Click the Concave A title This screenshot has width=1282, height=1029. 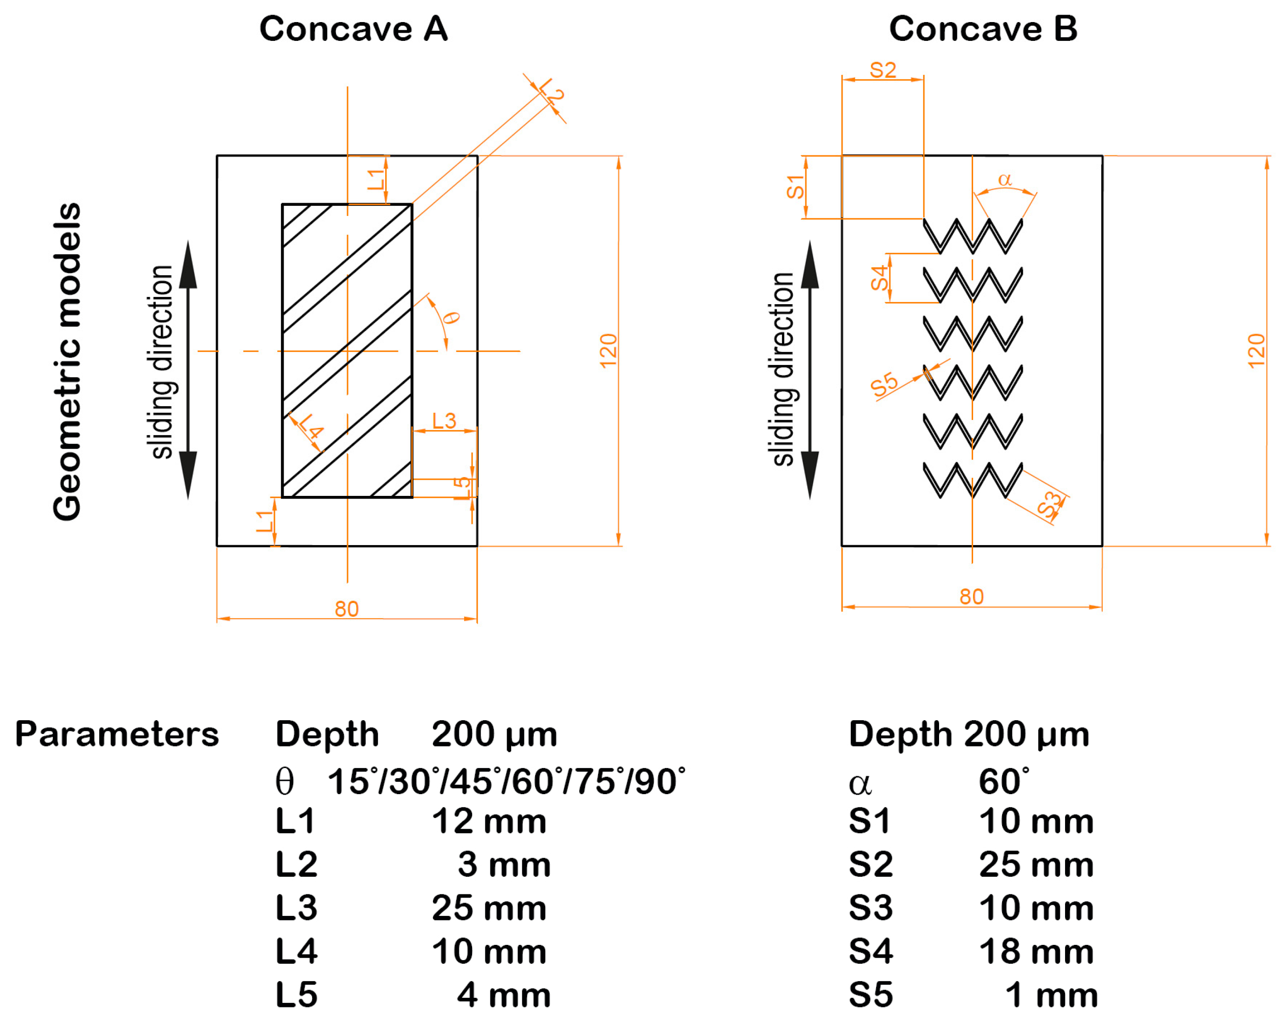(x=353, y=29)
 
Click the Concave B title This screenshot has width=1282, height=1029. (x=983, y=29)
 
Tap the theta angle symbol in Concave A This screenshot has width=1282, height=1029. (x=452, y=318)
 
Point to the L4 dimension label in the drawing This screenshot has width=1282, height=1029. (x=311, y=426)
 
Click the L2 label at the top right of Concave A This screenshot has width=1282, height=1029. (x=551, y=91)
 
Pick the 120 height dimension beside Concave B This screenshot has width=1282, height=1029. (x=1256, y=351)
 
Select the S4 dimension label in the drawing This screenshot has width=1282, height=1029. (x=879, y=278)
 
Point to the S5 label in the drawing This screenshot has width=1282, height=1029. (x=884, y=385)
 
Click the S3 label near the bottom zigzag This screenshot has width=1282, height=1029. (x=1049, y=504)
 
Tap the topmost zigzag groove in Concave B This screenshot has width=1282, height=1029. (x=972, y=237)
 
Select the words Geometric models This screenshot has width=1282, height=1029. (x=67, y=361)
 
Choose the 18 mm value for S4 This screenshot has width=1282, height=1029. (x=1036, y=952)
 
